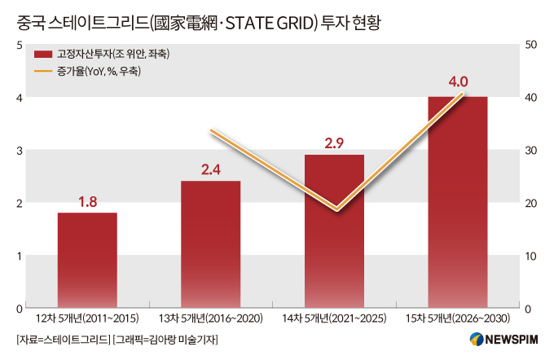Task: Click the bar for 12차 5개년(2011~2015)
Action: (x=87, y=260)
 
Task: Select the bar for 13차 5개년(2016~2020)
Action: (x=211, y=244)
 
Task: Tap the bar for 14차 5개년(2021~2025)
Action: (x=334, y=231)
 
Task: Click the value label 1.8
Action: (x=87, y=200)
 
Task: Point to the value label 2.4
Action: (x=211, y=169)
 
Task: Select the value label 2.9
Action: (x=334, y=143)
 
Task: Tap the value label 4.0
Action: (x=457, y=83)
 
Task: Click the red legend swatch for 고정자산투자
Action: (x=42, y=55)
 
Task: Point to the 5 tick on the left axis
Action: (x=19, y=44)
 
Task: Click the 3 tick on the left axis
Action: (x=19, y=150)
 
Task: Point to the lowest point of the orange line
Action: (x=336, y=209)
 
